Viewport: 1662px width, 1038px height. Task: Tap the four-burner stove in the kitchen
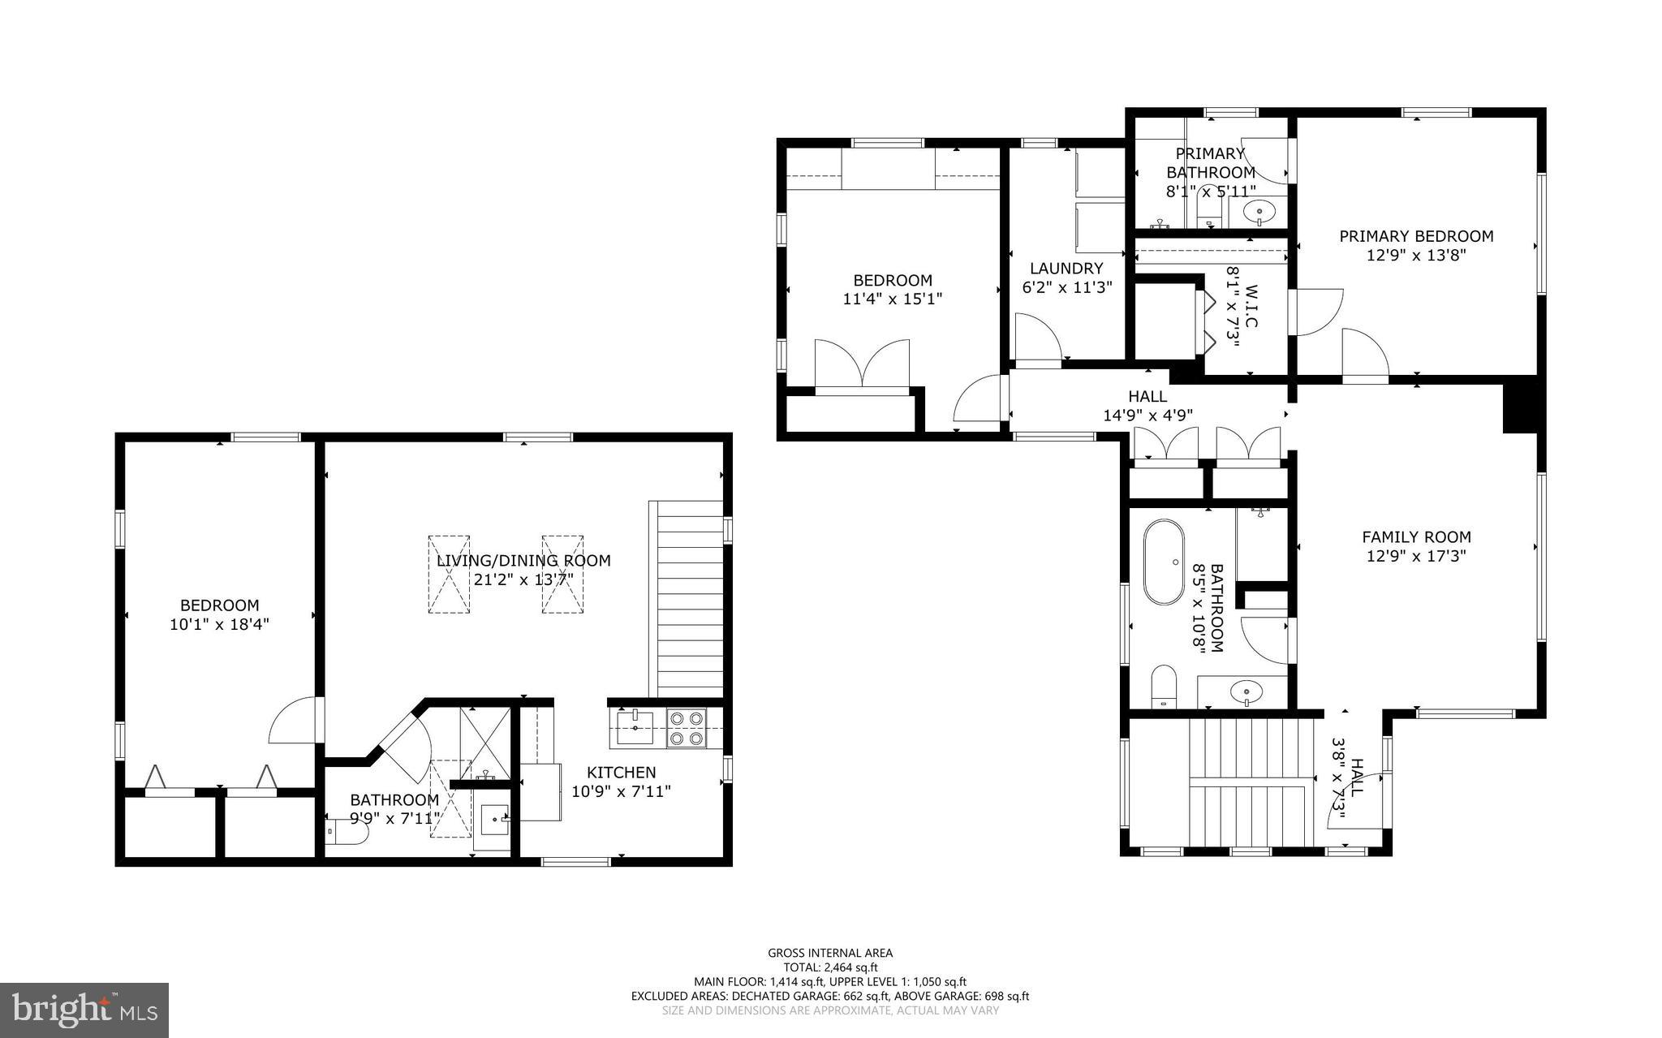[x=687, y=728]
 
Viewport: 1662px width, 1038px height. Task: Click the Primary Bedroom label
[x=1416, y=236]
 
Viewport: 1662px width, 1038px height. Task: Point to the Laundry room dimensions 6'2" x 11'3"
[x=1066, y=287]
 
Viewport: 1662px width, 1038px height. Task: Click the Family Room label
[x=1416, y=536]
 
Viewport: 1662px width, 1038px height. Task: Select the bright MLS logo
[x=84, y=1010]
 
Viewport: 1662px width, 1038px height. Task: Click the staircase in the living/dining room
[x=686, y=598]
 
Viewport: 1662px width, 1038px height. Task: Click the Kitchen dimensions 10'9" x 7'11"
[x=621, y=791]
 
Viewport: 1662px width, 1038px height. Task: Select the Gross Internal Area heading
[x=830, y=953]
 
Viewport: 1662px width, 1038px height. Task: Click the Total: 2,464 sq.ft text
[x=830, y=967]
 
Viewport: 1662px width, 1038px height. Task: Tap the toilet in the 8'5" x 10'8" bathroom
[x=1165, y=687]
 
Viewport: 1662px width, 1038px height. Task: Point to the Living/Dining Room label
[x=523, y=560]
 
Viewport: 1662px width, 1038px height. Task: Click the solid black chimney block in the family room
[x=1520, y=406]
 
